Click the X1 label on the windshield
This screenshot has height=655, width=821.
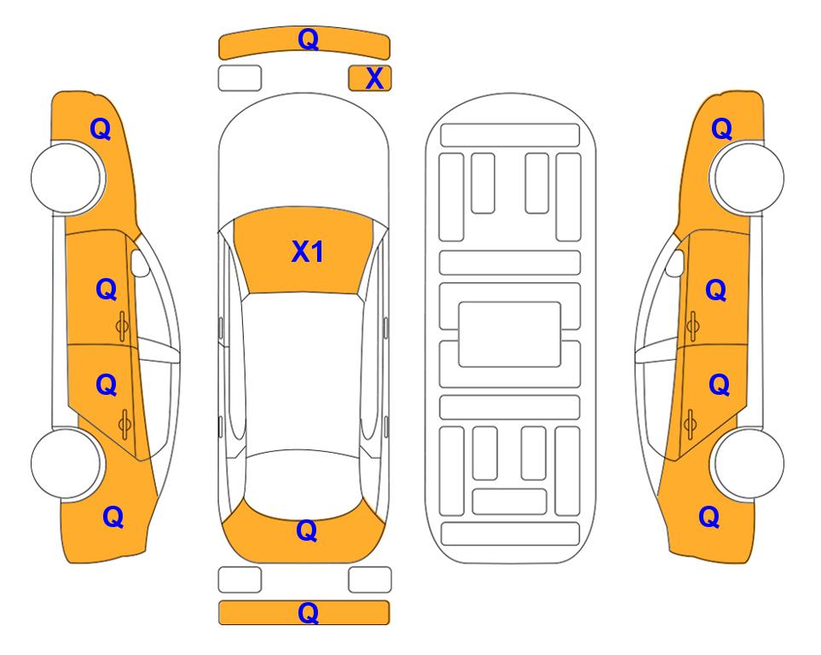pyautogui.click(x=308, y=252)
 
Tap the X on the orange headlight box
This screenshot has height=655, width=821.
pyautogui.click(x=374, y=78)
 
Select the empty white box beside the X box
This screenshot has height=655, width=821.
pyautogui.click(x=240, y=78)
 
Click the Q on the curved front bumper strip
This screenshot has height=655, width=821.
pyautogui.click(x=308, y=39)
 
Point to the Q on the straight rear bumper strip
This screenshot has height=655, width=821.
pyautogui.click(x=308, y=612)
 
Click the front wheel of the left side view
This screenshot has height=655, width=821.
pyautogui.click(x=66, y=178)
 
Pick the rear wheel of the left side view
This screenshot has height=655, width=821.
pyautogui.click(x=66, y=463)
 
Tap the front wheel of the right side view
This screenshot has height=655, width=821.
pyautogui.click(x=749, y=178)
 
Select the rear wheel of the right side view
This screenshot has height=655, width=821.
pyautogui.click(x=749, y=463)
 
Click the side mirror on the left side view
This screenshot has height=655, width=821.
pyautogui.click(x=139, y=263)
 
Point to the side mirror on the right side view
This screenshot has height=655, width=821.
pyautogui.click(x=675, y=263)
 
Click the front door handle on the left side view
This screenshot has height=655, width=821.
pyautogui.click(x=123, y=326)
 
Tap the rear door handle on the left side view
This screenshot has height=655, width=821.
pyautogui.click(x=124, y=423)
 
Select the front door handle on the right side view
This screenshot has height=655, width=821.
pyautogui.click(x=692, y=326)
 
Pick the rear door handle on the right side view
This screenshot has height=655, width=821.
pyautogui.click(x=690, y=423)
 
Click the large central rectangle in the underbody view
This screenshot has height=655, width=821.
pyautogui.click(x=510, y=334)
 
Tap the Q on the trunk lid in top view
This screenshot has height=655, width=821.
pyautogui.click(x=307, y=530)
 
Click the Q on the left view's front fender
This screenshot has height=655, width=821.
pyautogui.click(x=101, y=129)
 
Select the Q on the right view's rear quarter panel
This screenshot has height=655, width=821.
pyautogui.click(x=709, y=517)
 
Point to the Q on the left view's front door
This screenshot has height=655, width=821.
pyautogui.click(x=107, y=289)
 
